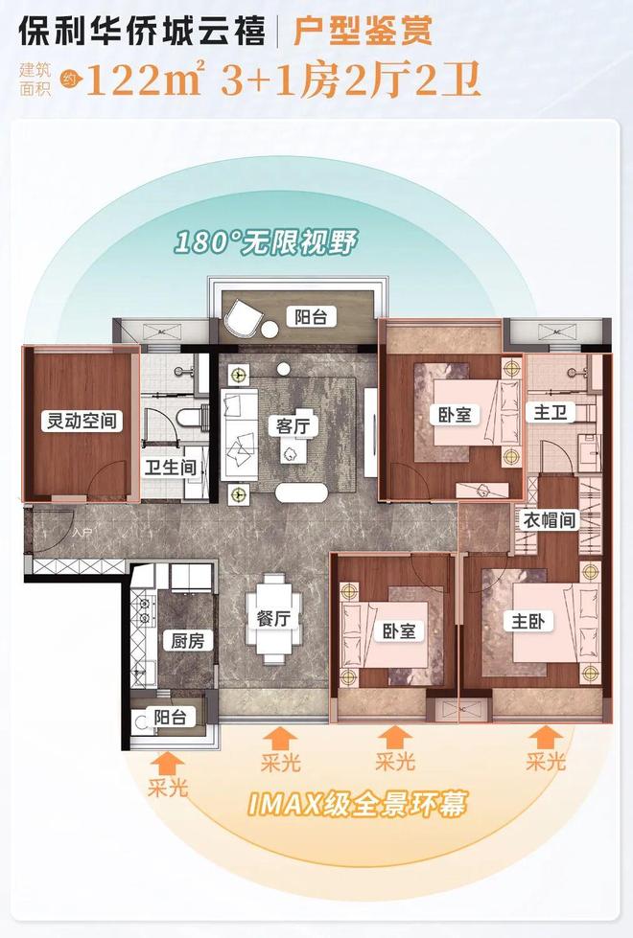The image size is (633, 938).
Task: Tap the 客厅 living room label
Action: point(293,426)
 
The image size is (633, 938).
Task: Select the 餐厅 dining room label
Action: point(273,619)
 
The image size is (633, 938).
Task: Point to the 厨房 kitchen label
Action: point(187,641)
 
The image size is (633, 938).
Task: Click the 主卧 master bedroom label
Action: point(528,622)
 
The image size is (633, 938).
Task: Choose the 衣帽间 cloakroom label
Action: point(550,520)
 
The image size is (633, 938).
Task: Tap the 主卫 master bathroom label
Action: point(550,412)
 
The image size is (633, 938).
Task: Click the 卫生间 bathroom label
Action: point(171,468)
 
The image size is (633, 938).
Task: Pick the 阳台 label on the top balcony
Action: point(311,316)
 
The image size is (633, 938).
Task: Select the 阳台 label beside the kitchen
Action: point(170,717)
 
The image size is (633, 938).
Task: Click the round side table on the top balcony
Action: point(270,331)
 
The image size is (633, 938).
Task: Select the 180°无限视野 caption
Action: point(266,242)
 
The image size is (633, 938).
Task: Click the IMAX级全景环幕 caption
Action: point(357,805)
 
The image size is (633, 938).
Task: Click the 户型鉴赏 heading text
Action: point(363,31)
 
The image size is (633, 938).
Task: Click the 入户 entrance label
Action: point(82,531)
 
